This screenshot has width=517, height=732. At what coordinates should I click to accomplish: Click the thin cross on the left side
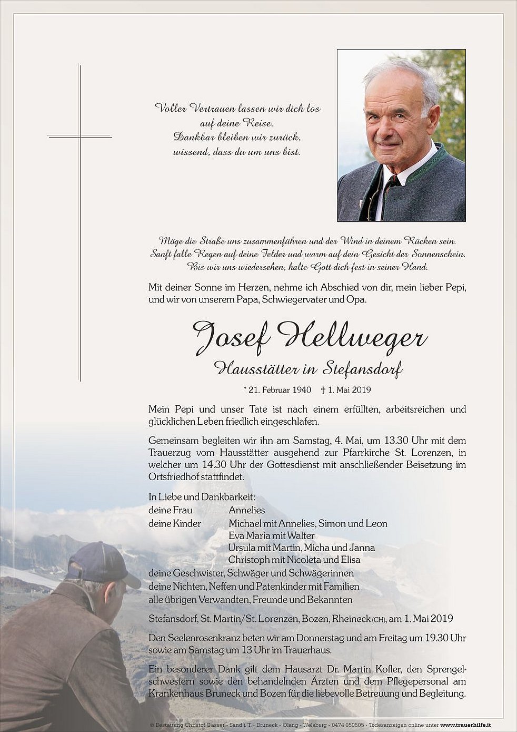pyautogui.click(x=80, y=221)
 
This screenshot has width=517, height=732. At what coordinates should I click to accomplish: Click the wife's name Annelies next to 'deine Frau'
pyautogui.click(x=247, y=510)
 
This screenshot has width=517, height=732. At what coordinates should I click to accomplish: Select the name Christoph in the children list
pyautogui.click(x=249, y=560)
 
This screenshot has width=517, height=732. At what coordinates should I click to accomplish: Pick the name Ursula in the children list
pyautogui.click(x=244, y=548)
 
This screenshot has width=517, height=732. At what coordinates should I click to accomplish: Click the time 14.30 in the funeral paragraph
pyautogui.click(x=214, y=465)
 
